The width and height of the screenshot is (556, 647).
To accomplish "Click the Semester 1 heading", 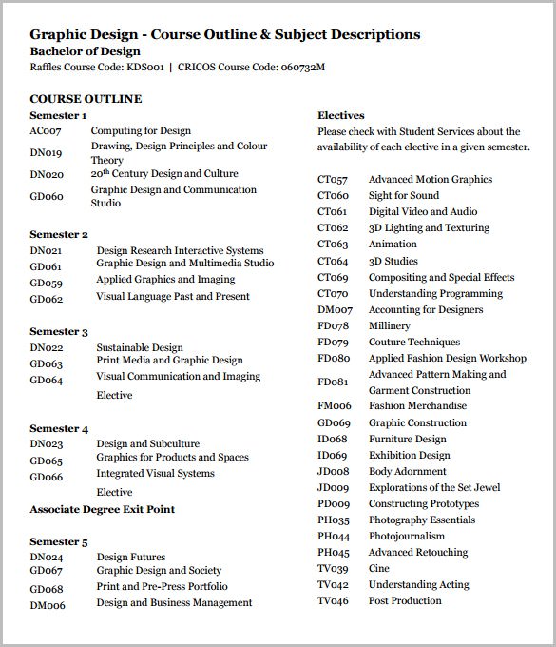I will coord(58,115).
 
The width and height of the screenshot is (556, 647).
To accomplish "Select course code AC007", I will coord(45,131).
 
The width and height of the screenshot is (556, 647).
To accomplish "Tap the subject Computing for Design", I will coord(141,131).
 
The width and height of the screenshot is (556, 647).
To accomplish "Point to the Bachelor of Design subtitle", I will coord(86,51).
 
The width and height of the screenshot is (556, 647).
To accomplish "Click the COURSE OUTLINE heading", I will coord(86,98).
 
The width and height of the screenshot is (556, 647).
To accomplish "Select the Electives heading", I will coord(341,115).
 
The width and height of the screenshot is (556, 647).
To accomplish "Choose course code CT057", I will coord(333,179).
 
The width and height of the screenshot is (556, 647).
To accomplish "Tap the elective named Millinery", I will coord(390,325).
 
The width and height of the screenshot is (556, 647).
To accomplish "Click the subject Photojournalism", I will coord(407,536).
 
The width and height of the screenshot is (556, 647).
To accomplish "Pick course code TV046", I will coord(333,600).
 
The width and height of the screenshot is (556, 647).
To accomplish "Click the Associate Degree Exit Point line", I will coord(102,509).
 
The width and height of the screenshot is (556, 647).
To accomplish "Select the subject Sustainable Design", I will coord(140,348).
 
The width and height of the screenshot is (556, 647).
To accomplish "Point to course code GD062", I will coord(46,299).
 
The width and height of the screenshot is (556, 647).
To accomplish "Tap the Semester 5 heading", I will coord(59,541).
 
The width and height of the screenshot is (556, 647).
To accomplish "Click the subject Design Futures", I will coord(131,558).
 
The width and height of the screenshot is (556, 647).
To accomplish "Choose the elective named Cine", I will coord(378,568).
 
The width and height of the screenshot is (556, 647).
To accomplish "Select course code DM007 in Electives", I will coord(335,309).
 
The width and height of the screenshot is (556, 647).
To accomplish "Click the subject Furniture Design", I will coord(407,439).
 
